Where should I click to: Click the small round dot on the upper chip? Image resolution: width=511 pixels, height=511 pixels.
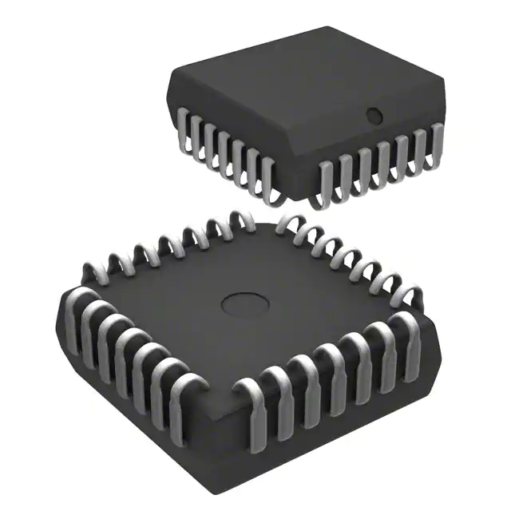pos(373,116)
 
